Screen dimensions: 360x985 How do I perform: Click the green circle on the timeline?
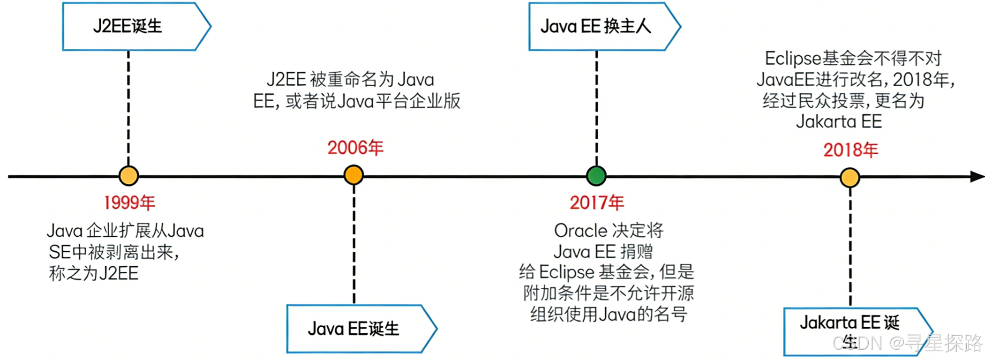[x=596, y=176]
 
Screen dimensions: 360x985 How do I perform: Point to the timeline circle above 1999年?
[x=128, y=176]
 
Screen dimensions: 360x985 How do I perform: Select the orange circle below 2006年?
[x=353, y=175]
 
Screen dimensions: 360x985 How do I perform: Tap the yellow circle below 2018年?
[x=850, y=178]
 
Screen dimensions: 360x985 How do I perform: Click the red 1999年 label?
[x=129, y=203]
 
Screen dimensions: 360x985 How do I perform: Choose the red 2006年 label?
[x=355, y=148]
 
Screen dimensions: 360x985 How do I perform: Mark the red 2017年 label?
[x=597, y=203]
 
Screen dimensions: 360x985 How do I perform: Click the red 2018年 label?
[x=850, y=150]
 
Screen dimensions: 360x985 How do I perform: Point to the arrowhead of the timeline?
[x=977, y=177]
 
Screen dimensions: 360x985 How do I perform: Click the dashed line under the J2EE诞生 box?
[x=128, y=108]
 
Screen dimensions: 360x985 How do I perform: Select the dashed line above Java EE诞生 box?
[x=354, y=244]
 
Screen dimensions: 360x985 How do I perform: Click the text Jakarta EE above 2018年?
[x=839, y=122]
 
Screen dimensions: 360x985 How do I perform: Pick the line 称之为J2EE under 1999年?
[x=94, y=273]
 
